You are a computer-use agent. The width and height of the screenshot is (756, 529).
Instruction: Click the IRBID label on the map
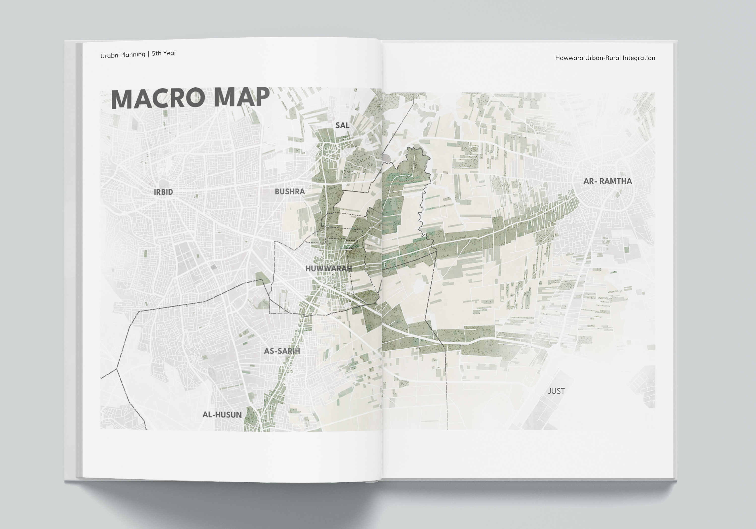point(163,192)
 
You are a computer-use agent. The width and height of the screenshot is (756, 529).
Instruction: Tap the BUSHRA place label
point(290,191)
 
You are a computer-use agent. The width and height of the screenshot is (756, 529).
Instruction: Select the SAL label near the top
point(342,125)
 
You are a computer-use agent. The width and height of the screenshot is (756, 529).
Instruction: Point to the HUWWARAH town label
point(329,269)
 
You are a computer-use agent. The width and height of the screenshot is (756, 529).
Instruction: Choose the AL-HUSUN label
point(222,415)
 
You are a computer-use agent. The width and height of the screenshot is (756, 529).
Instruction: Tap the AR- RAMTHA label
point(608,181)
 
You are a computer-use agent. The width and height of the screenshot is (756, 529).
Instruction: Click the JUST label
point(556,391)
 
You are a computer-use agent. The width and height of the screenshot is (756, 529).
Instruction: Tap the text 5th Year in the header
point(164,53)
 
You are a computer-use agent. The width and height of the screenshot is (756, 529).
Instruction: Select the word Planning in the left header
point(133,55)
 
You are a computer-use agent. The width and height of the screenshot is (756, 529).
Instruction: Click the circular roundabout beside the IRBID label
point(162,183)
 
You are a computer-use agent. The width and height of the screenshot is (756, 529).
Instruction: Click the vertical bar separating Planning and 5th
point(148,54)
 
